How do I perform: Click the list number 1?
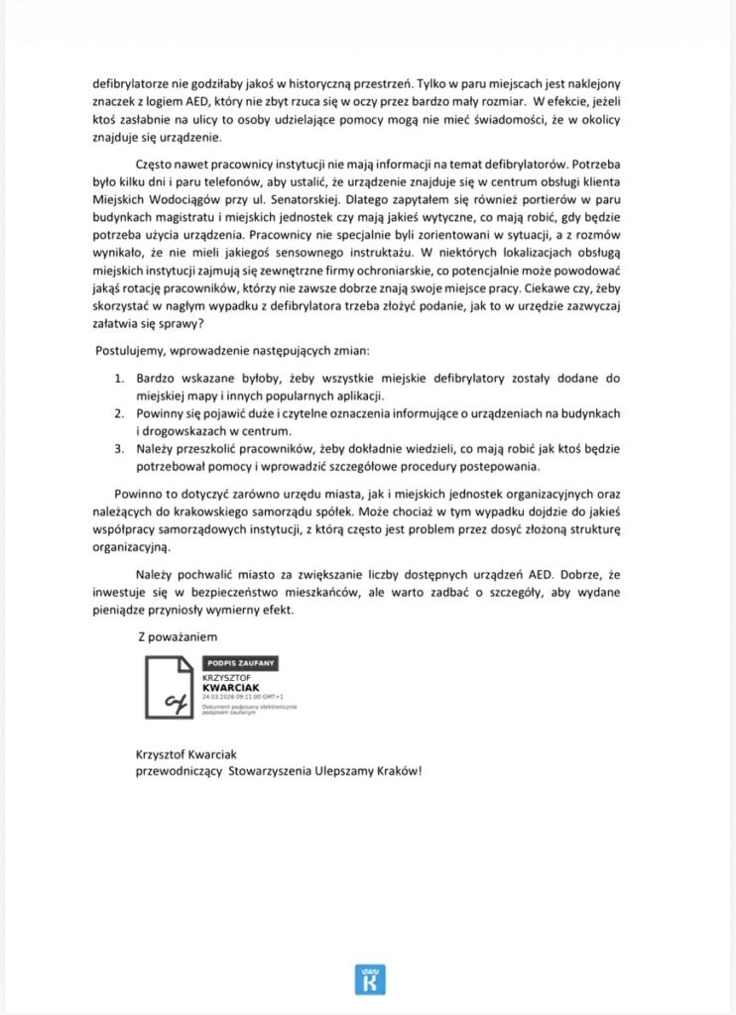tap(116, 379)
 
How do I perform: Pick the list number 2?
tap(116, 414)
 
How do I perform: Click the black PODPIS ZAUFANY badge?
tap(240, 661)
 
